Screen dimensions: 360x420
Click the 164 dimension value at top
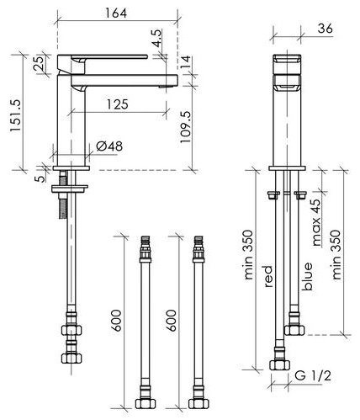pos(116,13)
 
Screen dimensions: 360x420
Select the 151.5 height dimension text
pos(16,115)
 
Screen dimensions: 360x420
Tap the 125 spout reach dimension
pos(118,104)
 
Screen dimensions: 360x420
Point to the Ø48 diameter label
pos(109,146)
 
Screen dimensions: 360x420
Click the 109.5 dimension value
pos(185,127)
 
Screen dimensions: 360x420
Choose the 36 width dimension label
pos(326,29)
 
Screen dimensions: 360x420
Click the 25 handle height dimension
pos(39,63)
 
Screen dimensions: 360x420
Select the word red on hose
pos(268,276)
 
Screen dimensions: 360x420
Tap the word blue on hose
pos(306,276)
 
